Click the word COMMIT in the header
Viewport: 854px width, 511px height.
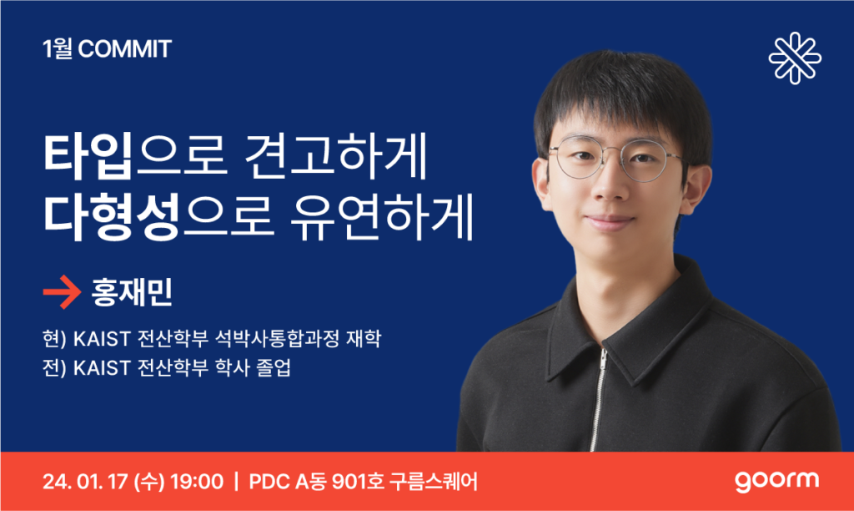125,49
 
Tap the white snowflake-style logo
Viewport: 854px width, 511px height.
795,58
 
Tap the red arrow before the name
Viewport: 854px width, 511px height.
62,292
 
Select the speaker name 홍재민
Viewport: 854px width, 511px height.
132,292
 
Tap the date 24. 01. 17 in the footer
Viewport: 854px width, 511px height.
85,482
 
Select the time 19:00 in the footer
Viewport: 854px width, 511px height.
197,482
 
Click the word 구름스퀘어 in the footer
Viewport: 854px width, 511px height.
434,482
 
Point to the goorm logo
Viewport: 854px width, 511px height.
776,481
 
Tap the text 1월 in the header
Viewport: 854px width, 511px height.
58,49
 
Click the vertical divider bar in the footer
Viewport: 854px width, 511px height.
236,482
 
